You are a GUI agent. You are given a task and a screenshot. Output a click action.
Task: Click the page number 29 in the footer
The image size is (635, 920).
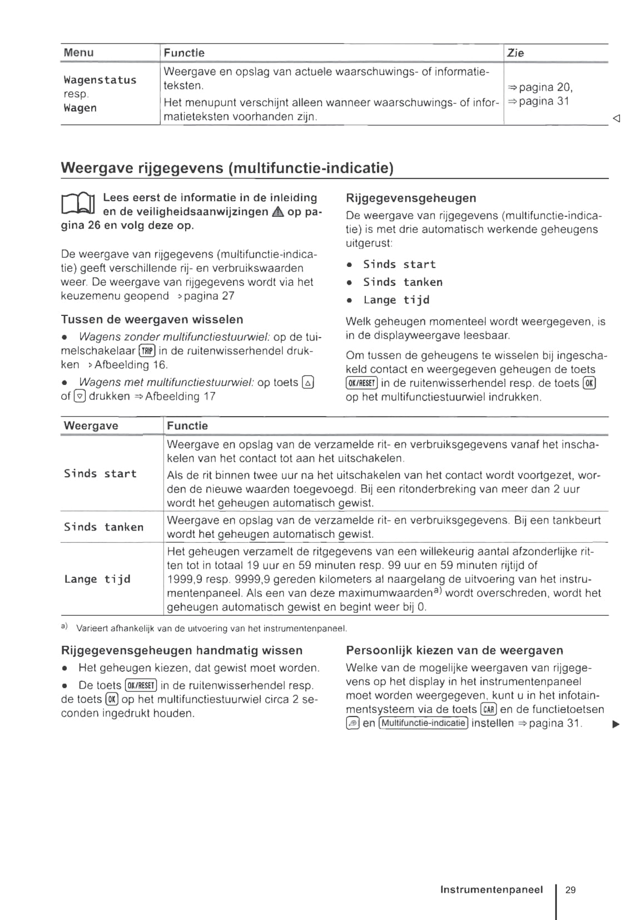(570, 889)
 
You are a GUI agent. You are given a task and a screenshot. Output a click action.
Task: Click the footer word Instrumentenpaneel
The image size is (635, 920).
(491, 889)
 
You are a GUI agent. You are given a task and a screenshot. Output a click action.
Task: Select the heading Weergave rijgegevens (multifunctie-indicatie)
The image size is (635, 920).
(227, 168)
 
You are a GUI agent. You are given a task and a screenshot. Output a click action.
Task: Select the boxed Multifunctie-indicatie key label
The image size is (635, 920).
(424, 723)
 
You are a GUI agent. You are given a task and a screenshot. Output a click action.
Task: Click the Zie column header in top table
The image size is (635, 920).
(515, 53)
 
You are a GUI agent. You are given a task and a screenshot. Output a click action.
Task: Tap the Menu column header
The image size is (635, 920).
(78, 53)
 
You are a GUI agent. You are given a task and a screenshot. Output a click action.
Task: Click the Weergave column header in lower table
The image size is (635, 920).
(91, 426)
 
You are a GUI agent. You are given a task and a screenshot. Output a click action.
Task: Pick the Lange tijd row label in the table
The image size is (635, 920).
(97, 579)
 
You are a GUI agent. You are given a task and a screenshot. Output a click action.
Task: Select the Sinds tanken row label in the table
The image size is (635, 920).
(103, 527)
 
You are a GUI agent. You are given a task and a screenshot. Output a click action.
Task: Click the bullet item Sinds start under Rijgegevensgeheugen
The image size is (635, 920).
(399, 264)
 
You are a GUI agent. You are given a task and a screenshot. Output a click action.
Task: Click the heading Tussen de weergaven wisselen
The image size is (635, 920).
(152, 319)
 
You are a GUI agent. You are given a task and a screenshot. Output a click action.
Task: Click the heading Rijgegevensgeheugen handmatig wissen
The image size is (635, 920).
(181, 650)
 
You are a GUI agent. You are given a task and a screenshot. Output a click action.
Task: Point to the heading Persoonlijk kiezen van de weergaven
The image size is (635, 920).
(454, 650)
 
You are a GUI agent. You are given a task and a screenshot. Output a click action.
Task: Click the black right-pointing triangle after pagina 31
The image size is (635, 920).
(616, 724)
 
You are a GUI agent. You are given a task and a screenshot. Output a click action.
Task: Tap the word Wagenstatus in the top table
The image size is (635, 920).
(100, 80)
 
